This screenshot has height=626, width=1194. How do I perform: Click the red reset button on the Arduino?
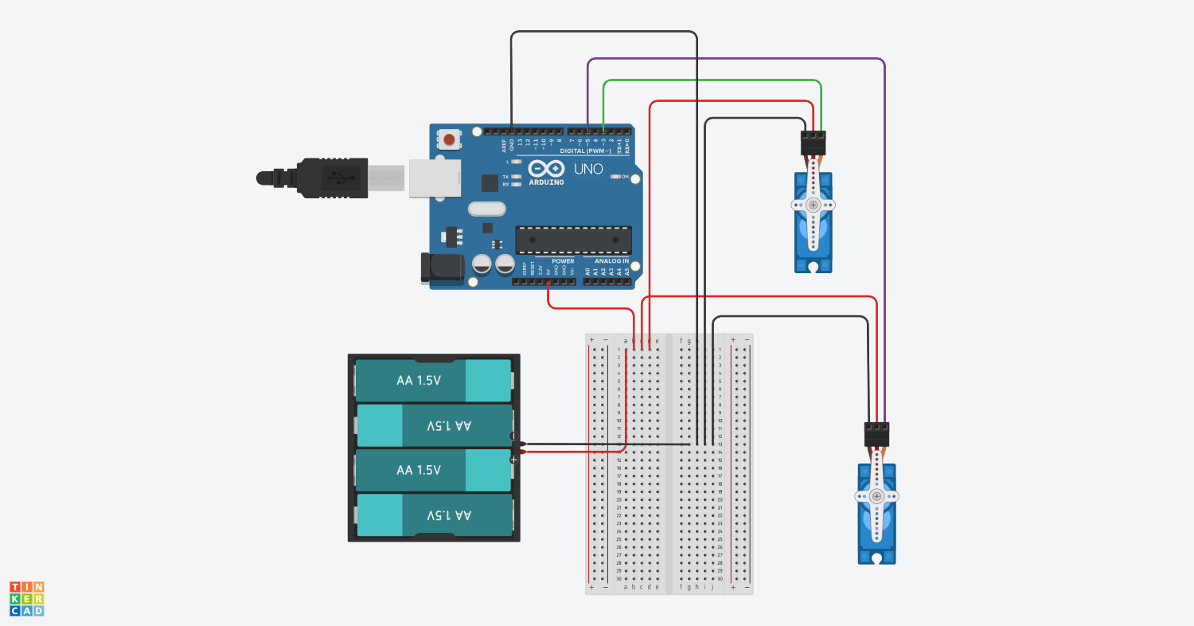(449, 140)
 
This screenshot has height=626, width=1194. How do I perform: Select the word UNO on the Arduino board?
(589, 169)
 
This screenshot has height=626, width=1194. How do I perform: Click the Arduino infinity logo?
(547, 169)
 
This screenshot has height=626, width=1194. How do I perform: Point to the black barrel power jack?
(441, 268)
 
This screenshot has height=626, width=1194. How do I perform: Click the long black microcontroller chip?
(573, 239)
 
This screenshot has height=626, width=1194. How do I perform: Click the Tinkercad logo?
(27, 598)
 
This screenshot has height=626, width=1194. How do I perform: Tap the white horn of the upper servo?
(813, 205)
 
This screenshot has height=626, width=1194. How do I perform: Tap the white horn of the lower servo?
(876, 496)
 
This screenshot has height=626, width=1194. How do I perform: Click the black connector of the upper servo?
(813, 143)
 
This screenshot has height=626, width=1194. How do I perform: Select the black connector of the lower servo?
(876, 434)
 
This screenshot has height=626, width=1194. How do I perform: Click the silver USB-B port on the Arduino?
(435, 177)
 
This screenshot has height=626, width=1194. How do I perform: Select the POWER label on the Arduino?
(563, 261)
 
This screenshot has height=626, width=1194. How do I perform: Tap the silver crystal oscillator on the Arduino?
(486, 209)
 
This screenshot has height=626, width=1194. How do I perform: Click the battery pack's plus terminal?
(514, 460)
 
